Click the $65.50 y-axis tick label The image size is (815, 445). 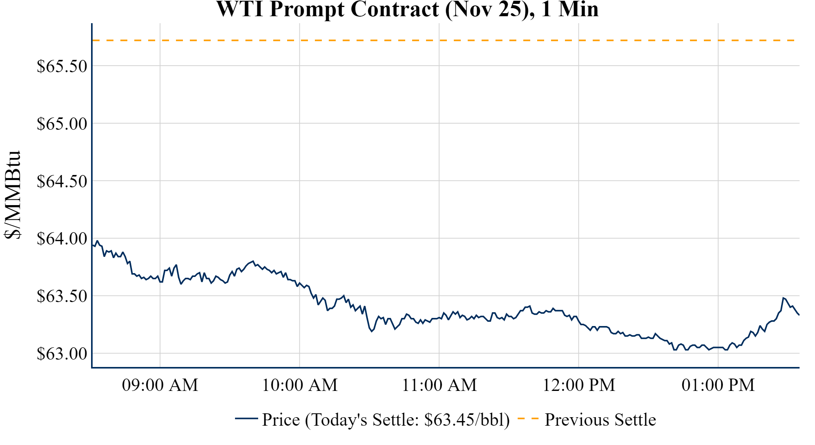tap(62, 66)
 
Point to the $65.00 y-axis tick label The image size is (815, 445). tap(62, 124)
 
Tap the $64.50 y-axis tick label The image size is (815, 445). tap(62, 181)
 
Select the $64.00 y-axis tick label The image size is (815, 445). tap(62, 238)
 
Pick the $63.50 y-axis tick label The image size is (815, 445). tap(62, 296)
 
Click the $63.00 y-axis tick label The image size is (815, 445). tap(62, 353)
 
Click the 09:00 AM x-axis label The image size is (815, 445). tap(160, 385)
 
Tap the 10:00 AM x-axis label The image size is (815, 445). tap(300, 385)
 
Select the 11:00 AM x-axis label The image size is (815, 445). tap(439, 385)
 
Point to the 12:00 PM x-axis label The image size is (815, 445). tap(579, 385)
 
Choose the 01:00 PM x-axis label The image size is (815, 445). tap(718, 385)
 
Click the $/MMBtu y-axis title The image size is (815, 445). tap(12, 195)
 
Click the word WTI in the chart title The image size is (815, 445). tap(240, 9)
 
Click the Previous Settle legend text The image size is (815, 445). tap(600, 420)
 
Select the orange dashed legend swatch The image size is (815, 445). tap(528, 418)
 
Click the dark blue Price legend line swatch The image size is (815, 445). tap(246, 418)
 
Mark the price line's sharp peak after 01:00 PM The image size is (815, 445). tap(783, 298)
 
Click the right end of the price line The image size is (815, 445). tap(799, 315)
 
